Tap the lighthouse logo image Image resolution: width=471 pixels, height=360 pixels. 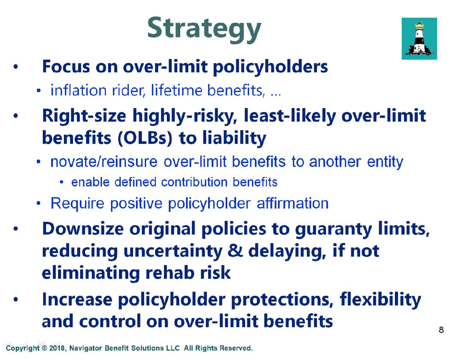[419, 39]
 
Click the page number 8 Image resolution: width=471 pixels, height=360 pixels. [441, 330]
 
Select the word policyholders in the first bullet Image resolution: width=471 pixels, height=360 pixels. [270, 67]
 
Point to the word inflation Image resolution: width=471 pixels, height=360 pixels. [78, 90]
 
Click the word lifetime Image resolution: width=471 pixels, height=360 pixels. [177, 90]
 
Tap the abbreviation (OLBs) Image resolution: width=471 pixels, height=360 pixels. [145, 138]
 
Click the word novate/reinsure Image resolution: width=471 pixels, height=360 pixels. [104, 162]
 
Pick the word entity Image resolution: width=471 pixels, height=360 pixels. [385, 162]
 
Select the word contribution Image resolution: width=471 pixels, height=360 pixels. [194, 182]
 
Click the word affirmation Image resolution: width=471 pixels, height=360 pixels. [293, 203]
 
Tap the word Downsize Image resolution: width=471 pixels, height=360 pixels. [83, 229]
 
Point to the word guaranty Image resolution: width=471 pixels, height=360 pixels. [333, 230]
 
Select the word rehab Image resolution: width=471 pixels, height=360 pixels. [170, 272]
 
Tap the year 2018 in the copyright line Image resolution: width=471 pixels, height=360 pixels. [57, 348]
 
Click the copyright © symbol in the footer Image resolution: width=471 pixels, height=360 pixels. [44, 348]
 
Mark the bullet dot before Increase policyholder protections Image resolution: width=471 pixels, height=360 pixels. [15, 299]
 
